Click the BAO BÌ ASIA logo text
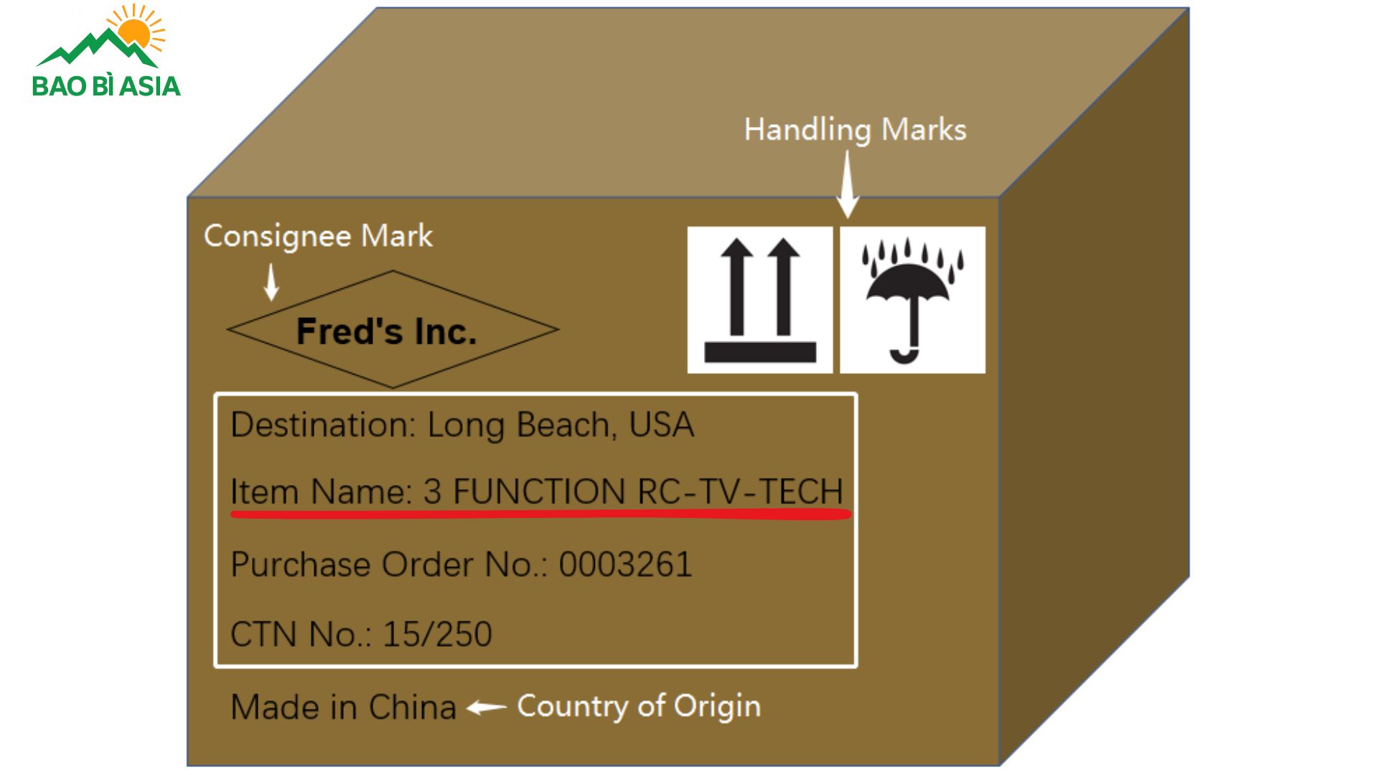coord(106,86)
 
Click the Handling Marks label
coord(855,130)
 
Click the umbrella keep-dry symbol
coord(912,300)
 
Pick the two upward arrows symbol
coord(760,300)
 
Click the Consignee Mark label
coord(318,236)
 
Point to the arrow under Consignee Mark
coord(271,282)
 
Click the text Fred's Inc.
coord(386,331)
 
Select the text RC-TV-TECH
coord(740,492)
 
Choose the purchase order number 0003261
coord(625,564)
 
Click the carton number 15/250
coord(437,634)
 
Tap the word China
coord(413,708)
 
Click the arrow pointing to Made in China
coord(487,708)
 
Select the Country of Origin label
coord(639,706)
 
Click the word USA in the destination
coord(661,425)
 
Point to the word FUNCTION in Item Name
coord(539,492)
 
